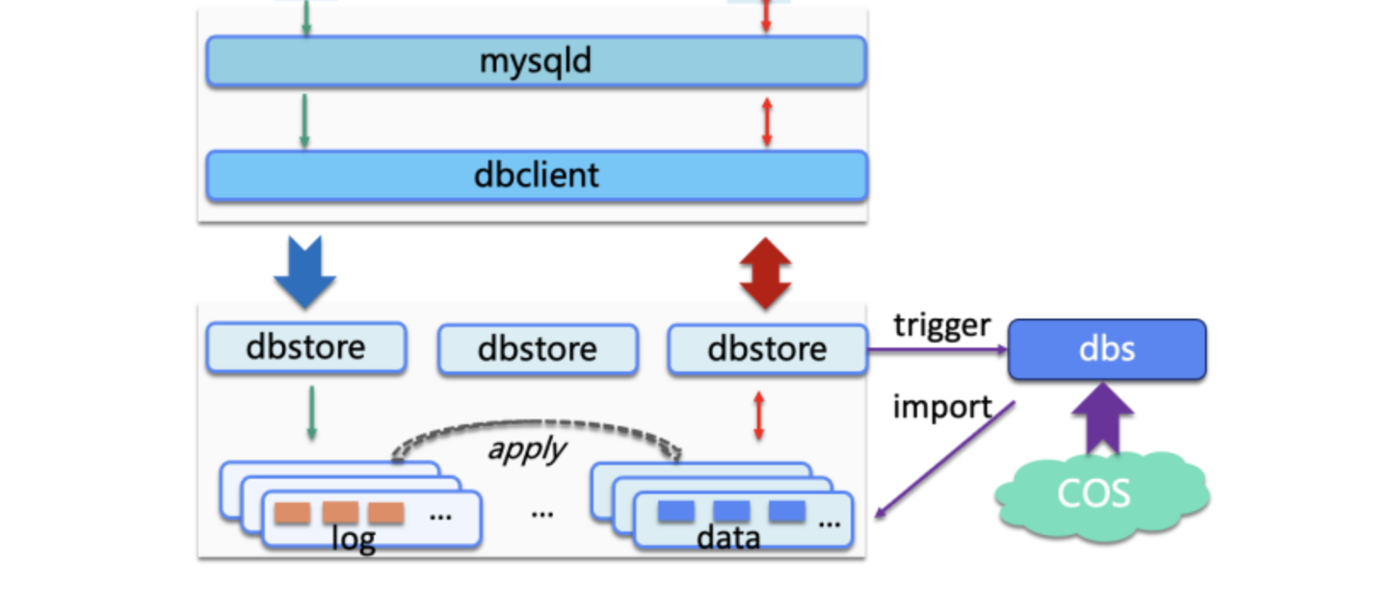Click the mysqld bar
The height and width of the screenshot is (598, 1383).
pyautogui.click(x=536, y=61)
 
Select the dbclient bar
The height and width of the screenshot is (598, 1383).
pyautogui.click(x=536, y=175)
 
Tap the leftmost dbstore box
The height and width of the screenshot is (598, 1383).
pyautogui.click(x=306, y=348)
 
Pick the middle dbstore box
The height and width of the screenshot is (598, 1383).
pyautogui.click(x=537, y=349)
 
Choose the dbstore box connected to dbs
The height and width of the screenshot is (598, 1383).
pyautogui.click(x=767, y=349)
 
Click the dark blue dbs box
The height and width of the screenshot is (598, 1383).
pyautogui.click(x=1106, y=349)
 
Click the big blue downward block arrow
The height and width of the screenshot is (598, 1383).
pyautogui.click(x=305, y=271)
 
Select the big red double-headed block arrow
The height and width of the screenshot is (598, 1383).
pyautogui.click(x=766, y=273)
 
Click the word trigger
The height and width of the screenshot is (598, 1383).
pyautogui.click(x=942, y=325)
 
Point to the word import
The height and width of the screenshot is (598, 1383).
pyautogui.click(x=942, y=407)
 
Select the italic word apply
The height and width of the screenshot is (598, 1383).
pyautogui.click(x=527, y=449)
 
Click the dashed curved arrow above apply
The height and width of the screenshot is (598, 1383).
pyautogui.click(x=537, y=426)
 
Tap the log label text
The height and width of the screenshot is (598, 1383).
pyautogui.click(x=353, y=539)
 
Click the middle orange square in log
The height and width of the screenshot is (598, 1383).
pyautogui.click(x=340, y=512)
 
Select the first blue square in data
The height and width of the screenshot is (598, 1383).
pyautogui.click(x=676, y=511)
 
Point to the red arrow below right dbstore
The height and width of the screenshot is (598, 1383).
pyautogui.click(x=759, y=415)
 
